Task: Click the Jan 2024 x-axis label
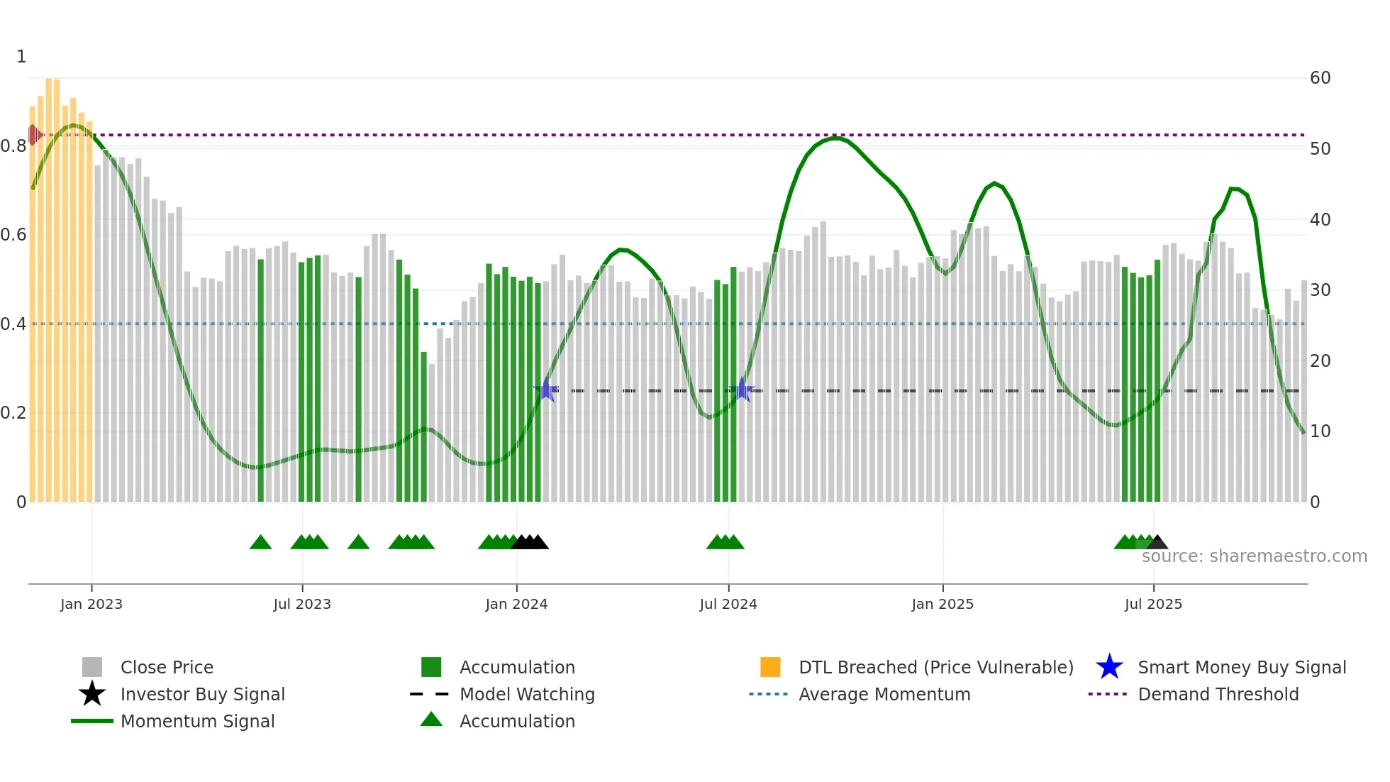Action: pos(516,604)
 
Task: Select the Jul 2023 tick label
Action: pos(302,604)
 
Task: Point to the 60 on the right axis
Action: pos(1320,78)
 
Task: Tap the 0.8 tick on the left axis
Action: pos(14,146)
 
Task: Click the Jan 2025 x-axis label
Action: pos(943,604)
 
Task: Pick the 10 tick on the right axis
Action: pos(1320,431)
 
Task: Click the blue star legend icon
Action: pos(1109,667)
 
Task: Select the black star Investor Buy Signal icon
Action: pos(92,694)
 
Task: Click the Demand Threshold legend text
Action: pos(1218,694)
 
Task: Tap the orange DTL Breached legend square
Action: pos(770,667)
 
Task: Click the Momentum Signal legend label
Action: pos(197,721)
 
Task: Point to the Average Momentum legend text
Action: pos(884,694)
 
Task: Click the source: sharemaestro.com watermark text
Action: pos(1254,556)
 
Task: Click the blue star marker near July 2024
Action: pos(741,390)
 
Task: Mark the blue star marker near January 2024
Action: pos(546,390)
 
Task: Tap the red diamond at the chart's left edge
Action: pos(33,135)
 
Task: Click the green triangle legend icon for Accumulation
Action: pos(431,720)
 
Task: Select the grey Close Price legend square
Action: pos(92,667)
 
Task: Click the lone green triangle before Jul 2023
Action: pos(260,542)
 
